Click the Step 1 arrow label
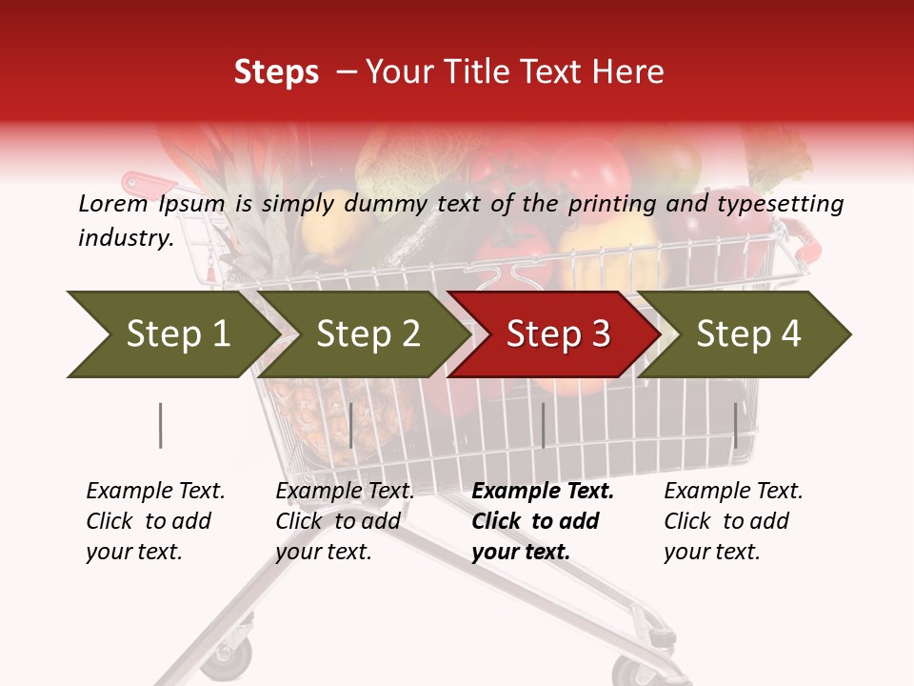click(x=178, y=333)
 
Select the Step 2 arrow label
click(x=368, y=333)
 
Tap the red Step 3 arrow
click(x=558, y=333)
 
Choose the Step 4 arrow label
click(x=748, y=333)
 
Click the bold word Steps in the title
click(x=276, y=72)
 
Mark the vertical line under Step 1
click(x=160, y=425)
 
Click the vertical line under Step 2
click(x=351, y=425)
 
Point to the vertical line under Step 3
click(x=543, y=425)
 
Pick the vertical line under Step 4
click(x=735, y=425)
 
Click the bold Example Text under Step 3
click(x=543, y=491)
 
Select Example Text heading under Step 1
click(x=155, y=491)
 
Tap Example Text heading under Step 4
click(x=733, y=491)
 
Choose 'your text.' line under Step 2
click(x=323, y=552)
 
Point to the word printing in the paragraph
click(x=614, y=203)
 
